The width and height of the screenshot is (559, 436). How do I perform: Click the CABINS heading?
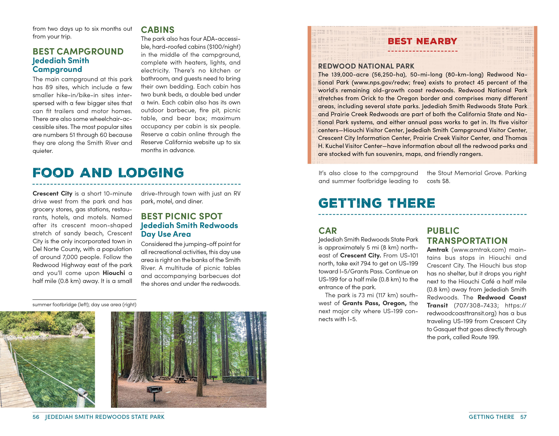(157, 30)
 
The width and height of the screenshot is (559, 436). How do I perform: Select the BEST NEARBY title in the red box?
(422, 41)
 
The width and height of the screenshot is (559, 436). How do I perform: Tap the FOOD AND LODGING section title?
(108, 173)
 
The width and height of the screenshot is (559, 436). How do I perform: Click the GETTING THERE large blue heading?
(377, 203)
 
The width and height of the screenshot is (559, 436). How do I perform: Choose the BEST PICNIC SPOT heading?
(181, 216)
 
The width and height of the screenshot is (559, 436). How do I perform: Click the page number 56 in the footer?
(36, 417)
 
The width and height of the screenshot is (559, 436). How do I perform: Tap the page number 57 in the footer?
(524, 417)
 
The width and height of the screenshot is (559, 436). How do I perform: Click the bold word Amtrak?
(438, 250)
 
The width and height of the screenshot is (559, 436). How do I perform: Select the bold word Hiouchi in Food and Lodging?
(114, 273)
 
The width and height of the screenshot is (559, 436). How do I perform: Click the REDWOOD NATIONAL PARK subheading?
(366, 66)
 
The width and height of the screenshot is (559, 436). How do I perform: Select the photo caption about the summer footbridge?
(84, 305)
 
